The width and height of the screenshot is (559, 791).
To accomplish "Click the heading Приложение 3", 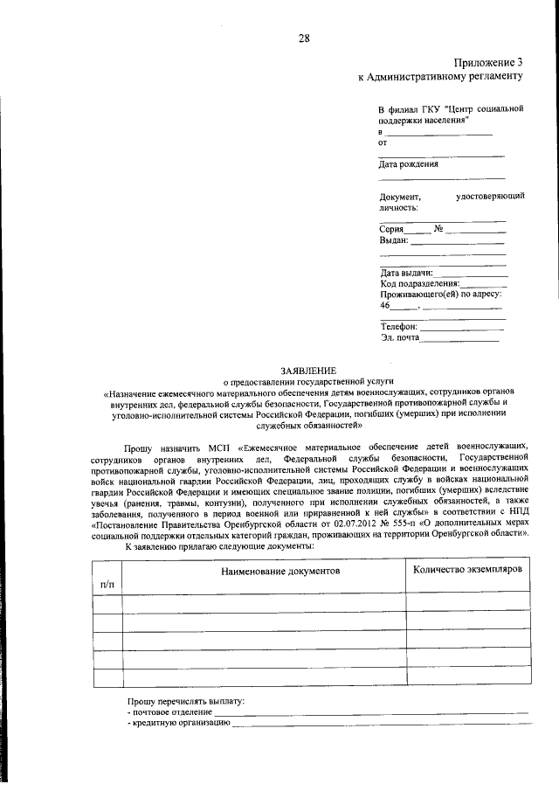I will click(488, 61).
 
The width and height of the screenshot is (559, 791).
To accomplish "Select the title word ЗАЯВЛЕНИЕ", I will click(308, 371).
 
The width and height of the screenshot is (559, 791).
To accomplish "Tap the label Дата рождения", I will click(408, 163).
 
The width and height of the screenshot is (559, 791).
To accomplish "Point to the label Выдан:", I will click(394, 239).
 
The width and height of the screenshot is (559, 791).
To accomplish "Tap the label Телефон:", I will click(400, 325).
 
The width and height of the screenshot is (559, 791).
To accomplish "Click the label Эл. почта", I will click(400, 337).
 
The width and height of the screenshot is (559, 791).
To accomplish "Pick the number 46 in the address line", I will click(385, 305).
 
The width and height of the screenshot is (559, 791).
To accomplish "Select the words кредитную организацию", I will click(180, 724).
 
